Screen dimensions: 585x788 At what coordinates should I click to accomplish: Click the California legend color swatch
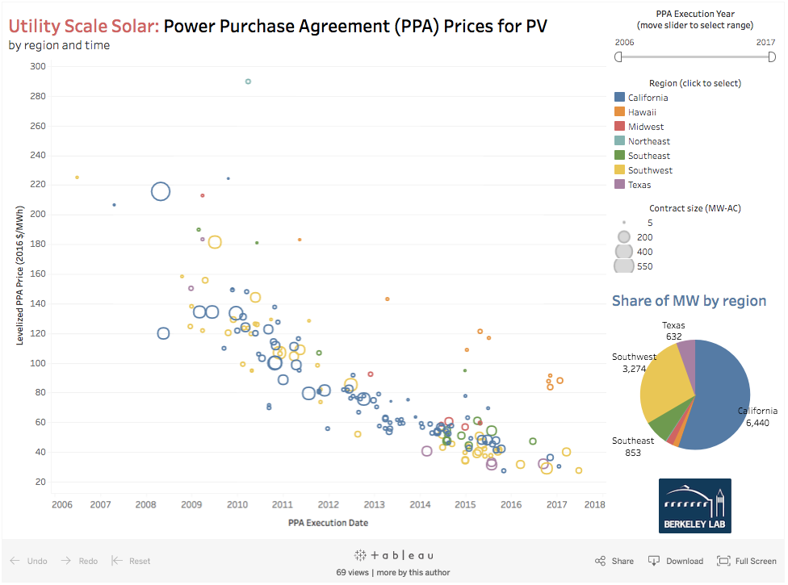coord(619,98)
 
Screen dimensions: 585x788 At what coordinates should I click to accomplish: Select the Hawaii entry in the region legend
coord(642,112)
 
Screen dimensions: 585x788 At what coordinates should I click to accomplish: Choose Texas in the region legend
coord(639,185)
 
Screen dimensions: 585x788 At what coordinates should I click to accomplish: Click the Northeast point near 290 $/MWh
coord(248,81)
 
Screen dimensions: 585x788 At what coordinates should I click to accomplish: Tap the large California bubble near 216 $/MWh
coord(161,191)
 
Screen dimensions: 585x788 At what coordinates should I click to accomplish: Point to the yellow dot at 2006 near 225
coord(77,178)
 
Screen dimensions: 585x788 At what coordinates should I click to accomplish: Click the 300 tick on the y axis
coord(37,66)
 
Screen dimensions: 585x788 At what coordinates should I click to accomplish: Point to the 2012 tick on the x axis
coord(328,505)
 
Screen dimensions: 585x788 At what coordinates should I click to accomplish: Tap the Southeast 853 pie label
coord(632,447)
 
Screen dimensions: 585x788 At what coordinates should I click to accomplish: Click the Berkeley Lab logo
coord(694,506)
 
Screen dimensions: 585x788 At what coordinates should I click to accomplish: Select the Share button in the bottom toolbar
coord(614,561)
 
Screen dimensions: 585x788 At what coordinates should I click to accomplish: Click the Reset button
coord(131,561)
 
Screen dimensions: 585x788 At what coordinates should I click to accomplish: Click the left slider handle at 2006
coord(618,57)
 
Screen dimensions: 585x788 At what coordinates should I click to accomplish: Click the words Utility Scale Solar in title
coord(83,26)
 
